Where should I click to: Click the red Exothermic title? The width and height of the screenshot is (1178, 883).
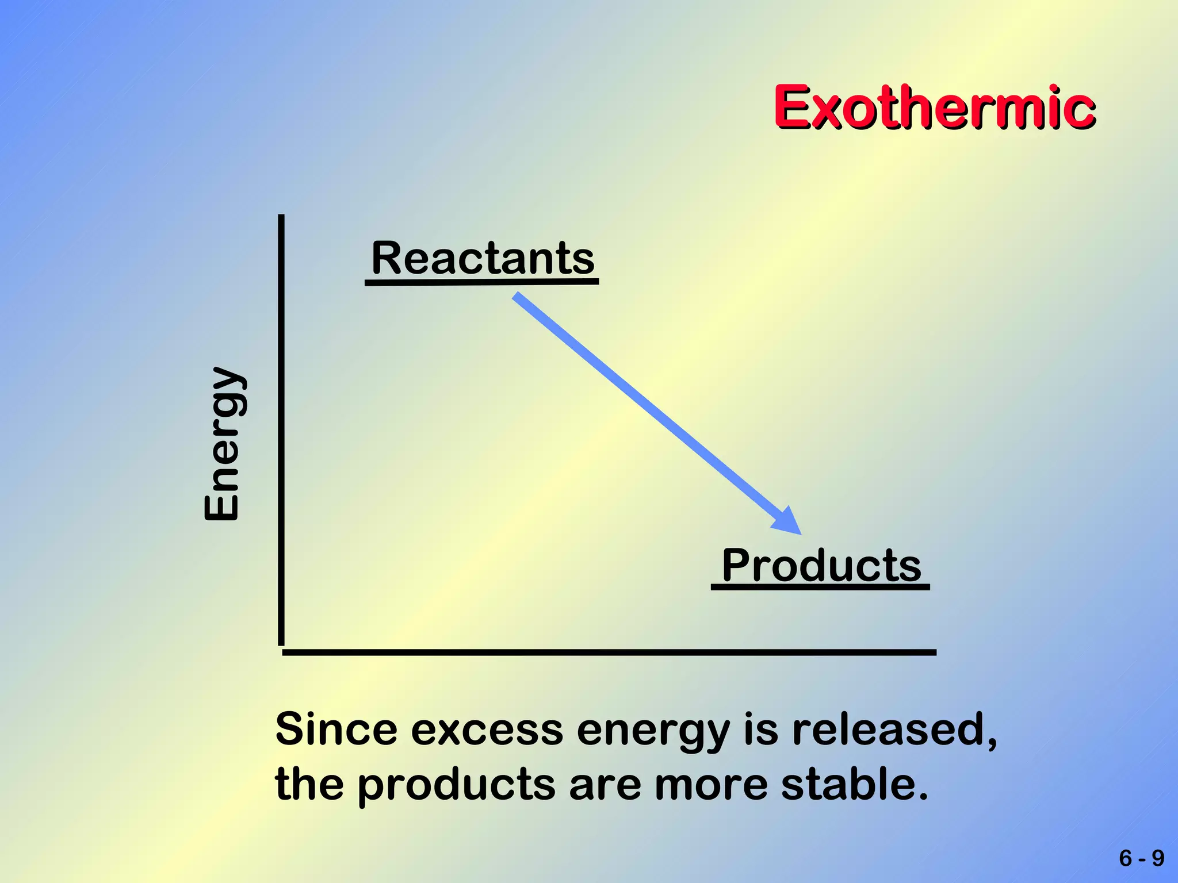(934, 108)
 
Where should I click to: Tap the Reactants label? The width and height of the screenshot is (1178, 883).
(483, 258)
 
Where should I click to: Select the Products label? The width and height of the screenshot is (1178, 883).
(821, 566)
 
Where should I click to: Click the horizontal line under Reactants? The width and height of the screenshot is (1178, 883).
(481, 282)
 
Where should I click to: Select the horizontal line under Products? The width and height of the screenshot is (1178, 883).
(820, 587)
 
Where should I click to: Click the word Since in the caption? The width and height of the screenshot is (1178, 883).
(336, 730)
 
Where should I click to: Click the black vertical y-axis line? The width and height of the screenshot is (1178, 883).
(281, 431)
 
